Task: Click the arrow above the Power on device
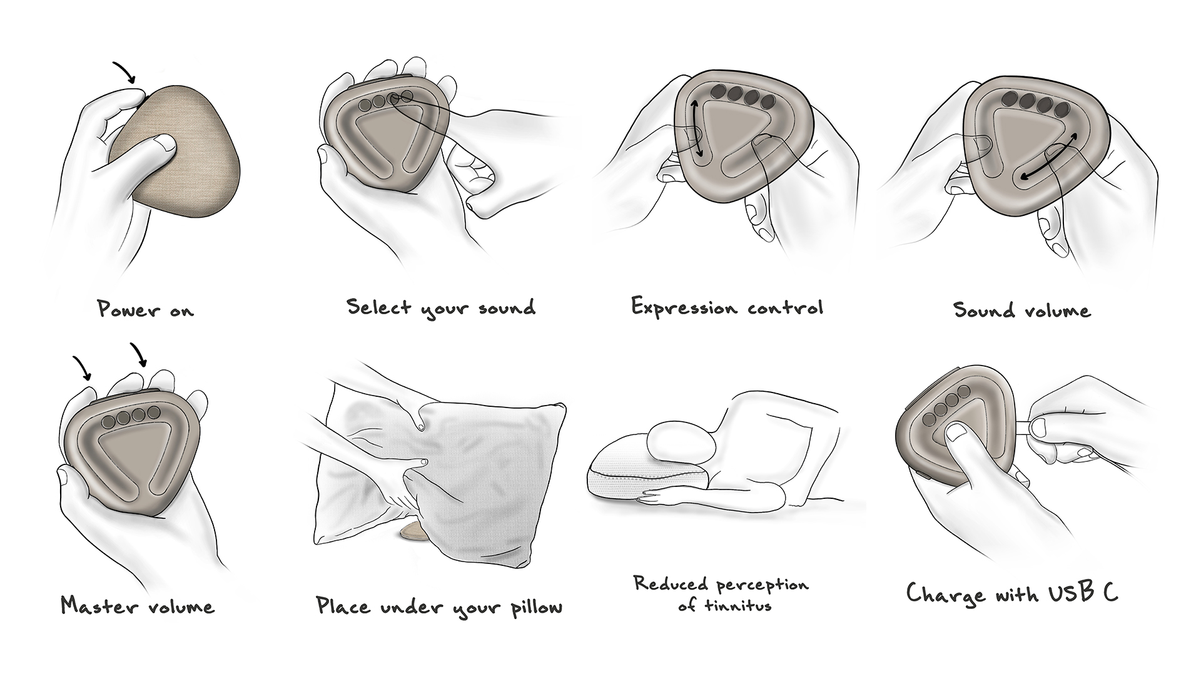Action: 124,72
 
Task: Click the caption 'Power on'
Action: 145,309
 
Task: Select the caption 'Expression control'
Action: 727,307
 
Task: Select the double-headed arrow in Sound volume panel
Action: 1049,156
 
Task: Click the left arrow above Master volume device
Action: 82,368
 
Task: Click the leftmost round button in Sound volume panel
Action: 1009,99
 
